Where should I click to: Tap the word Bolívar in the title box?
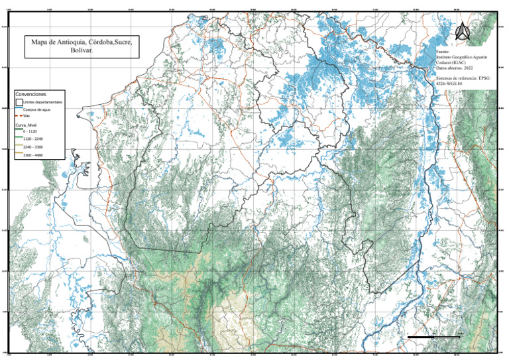click(81, 50)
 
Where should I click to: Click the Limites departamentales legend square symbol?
click(19, 103)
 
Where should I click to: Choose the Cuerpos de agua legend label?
click(35, 110)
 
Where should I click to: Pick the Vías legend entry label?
click(27, 116)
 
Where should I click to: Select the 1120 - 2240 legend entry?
click(32, 139)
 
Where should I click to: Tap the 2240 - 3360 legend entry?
click(33, 147)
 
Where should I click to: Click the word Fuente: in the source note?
click(443, 50)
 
